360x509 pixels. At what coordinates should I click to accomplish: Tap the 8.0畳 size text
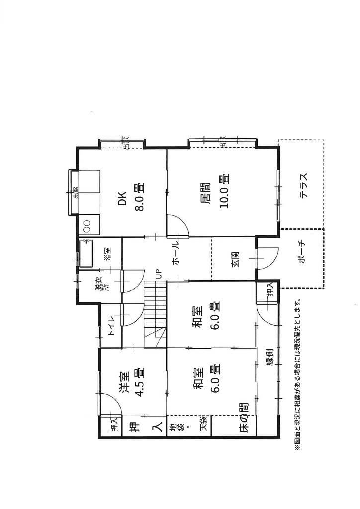[x=139, y=197]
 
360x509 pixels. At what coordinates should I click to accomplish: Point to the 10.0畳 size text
[x=224, y=191]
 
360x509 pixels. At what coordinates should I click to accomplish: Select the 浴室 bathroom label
[x=107, y=254]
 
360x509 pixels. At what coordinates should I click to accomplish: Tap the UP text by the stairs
[x=159, y=274]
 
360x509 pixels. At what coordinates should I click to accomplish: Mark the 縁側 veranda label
[x=270, y=357]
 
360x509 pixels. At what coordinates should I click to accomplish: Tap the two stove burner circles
[x=87, y=226]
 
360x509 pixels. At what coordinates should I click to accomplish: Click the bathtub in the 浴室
[x=86, y=254]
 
